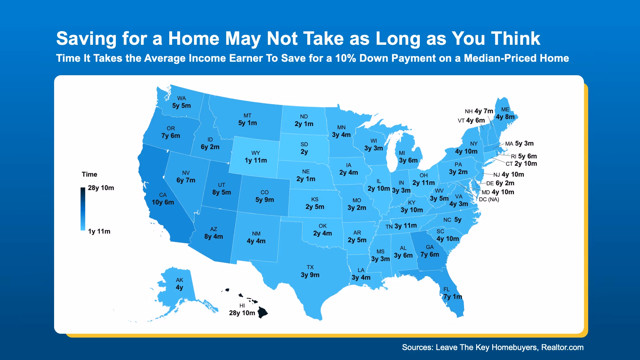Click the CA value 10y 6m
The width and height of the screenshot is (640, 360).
[x=163, y=202]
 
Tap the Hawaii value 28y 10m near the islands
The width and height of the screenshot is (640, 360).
[x=242, y=313]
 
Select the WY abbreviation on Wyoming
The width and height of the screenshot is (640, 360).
[x=256, y=153]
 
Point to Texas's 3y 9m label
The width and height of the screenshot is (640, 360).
[x=310, y=275]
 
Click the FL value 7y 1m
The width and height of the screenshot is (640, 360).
[x=452, y=297]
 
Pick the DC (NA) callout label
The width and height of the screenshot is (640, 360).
[x=489, y=199]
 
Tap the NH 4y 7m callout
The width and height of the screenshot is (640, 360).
[x=479, y=111]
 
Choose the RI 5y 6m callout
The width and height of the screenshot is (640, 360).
[x=524, y=156]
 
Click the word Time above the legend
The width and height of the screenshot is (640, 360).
[x=89, y=174]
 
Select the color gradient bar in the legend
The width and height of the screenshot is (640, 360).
[x=83, y=209]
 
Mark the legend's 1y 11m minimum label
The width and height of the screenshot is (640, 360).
[x=99, y=231]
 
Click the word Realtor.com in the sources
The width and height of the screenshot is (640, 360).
[x=562, y=348]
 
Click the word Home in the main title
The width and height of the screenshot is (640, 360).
[x=194, y=38]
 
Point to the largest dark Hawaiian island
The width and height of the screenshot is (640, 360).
[x=263, y=312]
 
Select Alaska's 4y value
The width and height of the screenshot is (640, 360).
[x=180, y=287]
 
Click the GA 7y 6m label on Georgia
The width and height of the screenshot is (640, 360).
[x=430, y=254]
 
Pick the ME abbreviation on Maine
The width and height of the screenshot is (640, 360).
[x=505, y=109]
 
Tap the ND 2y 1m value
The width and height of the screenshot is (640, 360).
[x=304, y=124]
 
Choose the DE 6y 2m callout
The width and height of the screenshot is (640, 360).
[x=500, y=183]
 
